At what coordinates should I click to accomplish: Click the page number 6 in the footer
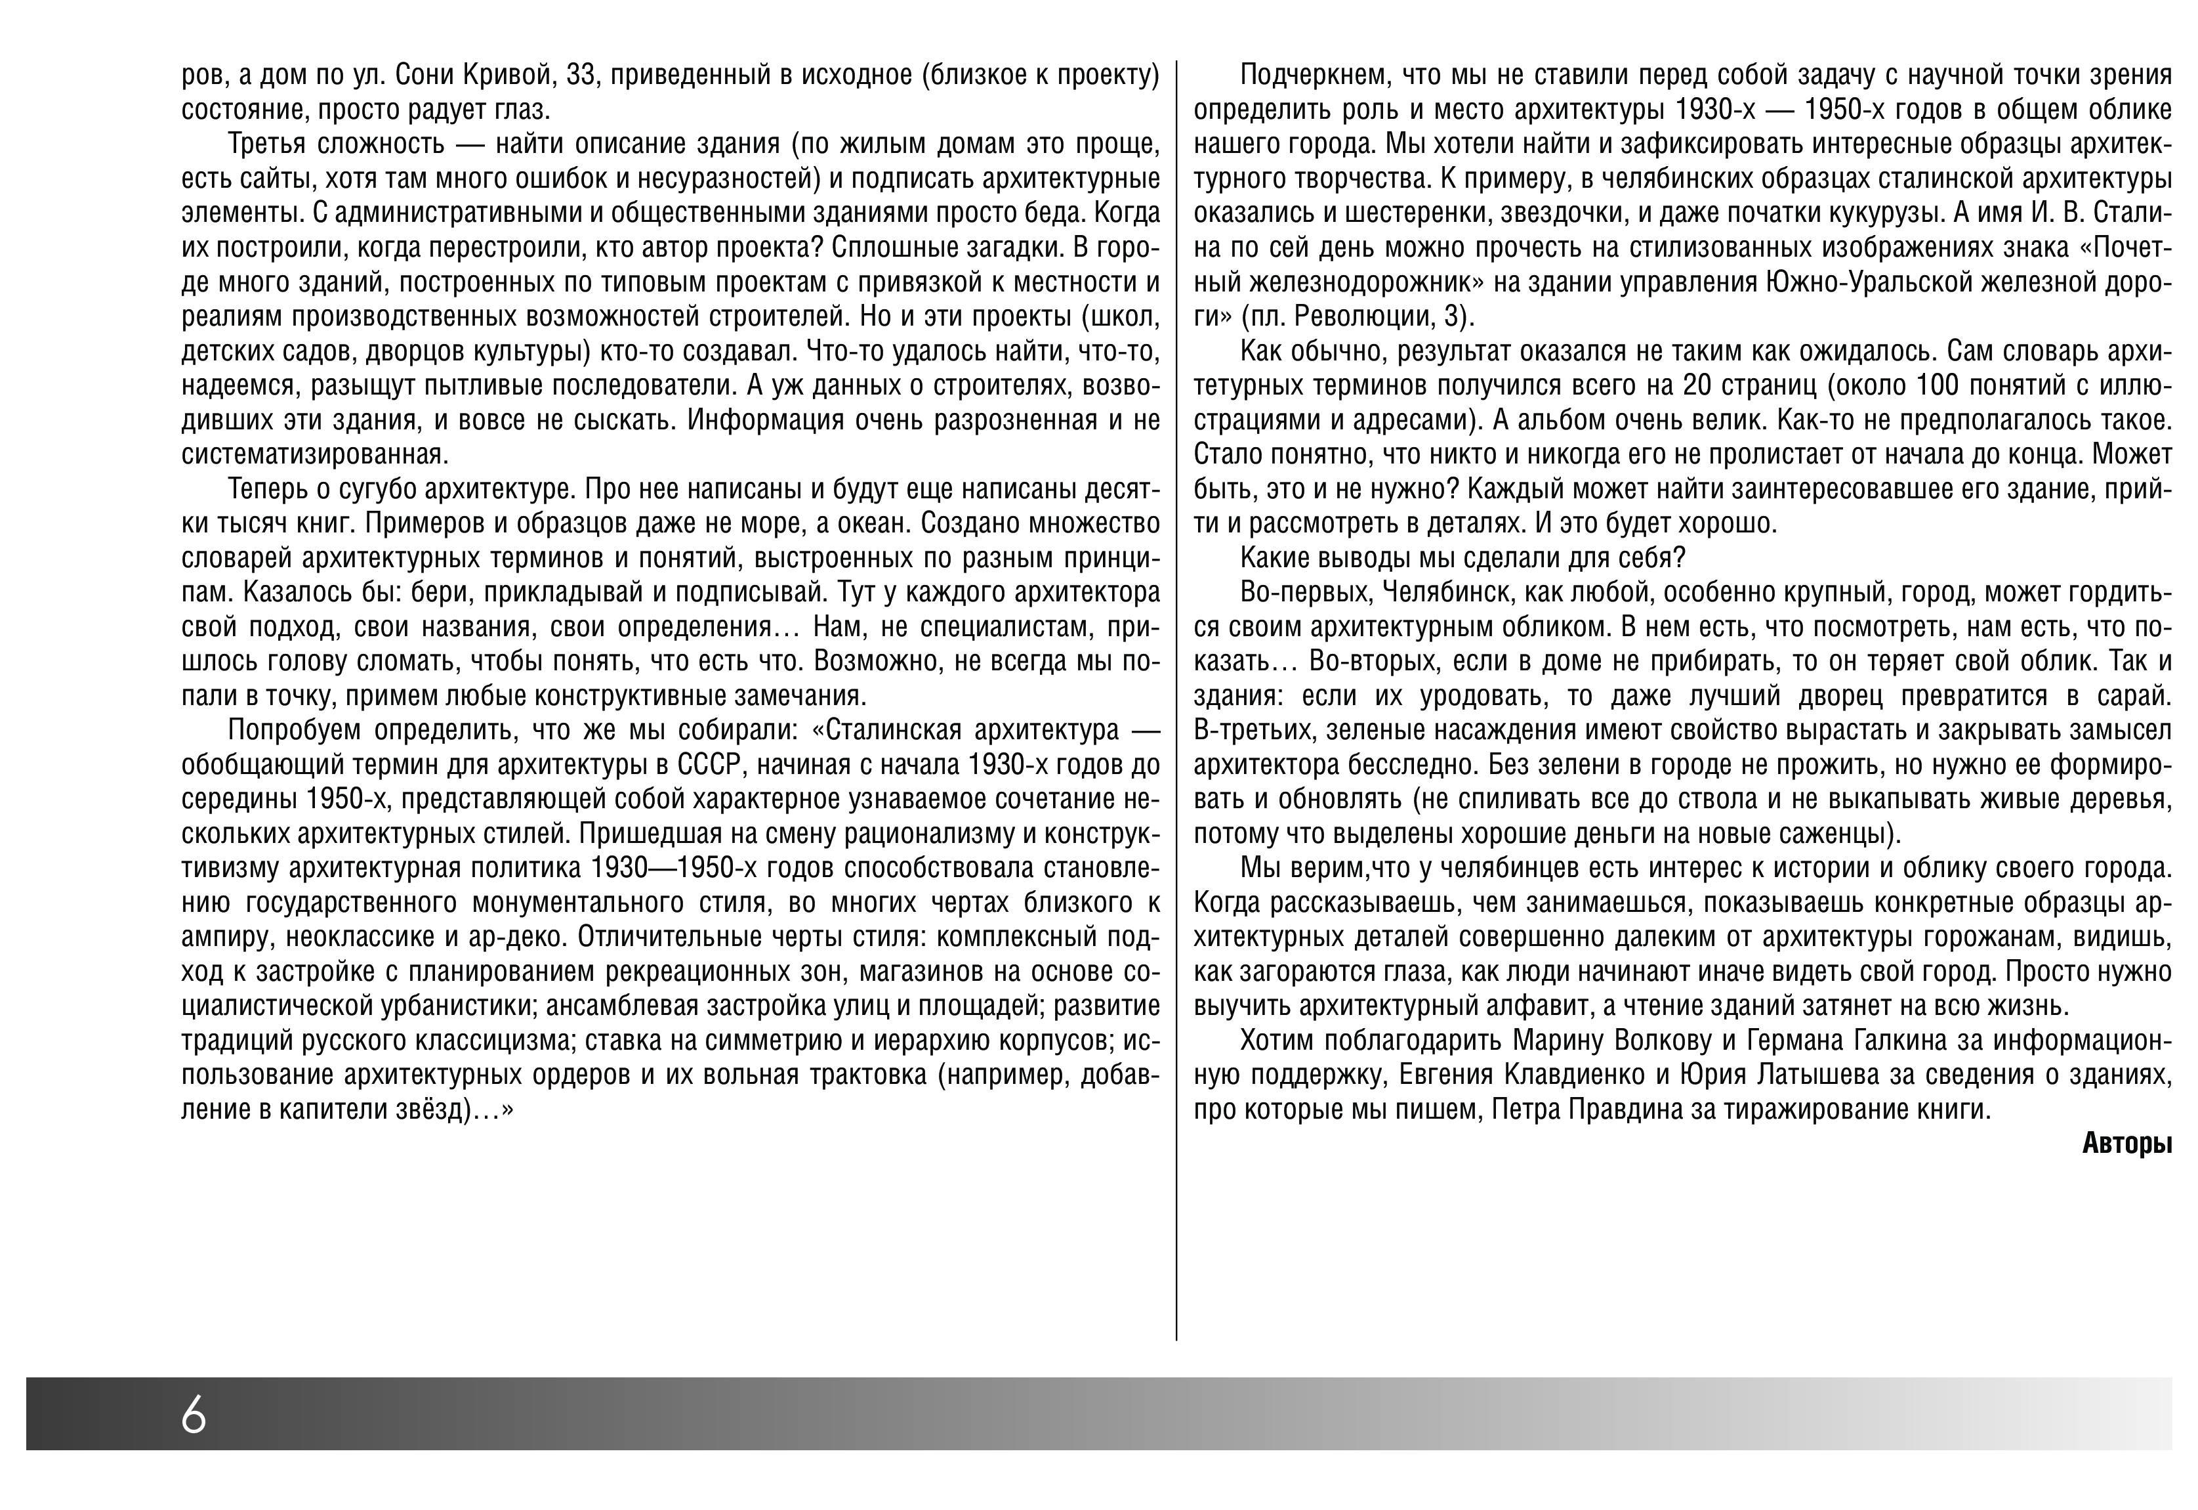pyautogui.click(x=194, y=1415)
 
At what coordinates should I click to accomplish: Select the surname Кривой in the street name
pyautogui.click(x=495, y=75)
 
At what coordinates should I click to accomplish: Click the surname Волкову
pyautogui.click(x=1660, y=1041)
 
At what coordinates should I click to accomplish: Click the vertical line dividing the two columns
pyautogui.click(x=1176, y=700)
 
